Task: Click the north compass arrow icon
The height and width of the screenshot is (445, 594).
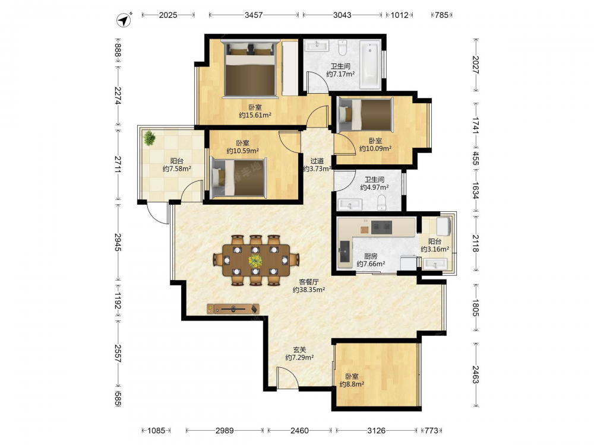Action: click(x=124, y=20)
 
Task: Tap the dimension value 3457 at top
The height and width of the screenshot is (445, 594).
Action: click(x=254, y=15)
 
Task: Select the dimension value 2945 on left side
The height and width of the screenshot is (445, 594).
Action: click(x=118, y=242)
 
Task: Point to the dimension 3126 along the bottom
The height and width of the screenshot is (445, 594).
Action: click(x=377, y=430)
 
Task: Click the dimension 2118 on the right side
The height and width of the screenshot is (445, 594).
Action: click(x=475, y=243)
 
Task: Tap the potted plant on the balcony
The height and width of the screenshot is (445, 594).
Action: click(x=150, y=138)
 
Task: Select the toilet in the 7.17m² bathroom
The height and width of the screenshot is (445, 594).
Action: click(x=343, y=47)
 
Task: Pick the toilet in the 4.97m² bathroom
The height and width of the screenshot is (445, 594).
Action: click(x=381, y=203)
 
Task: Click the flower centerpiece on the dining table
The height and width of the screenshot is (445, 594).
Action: click(x=255, y=260)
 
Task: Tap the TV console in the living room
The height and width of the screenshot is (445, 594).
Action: click(x=233, y=309)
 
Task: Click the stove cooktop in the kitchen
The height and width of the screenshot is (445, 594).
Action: click(x=381, y=227)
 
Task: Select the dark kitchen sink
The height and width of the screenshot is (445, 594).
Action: click(x=345, y=252)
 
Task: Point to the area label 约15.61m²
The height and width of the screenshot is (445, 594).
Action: click(x=255, y=116)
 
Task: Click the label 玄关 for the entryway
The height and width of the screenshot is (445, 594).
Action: click(x=299, y=350)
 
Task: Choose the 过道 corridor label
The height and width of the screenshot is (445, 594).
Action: click(x=317, y=161)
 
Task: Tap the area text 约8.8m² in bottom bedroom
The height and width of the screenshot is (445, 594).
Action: click(x=352, y=384)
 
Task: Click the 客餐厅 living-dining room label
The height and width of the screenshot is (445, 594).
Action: click(x=309, y=282)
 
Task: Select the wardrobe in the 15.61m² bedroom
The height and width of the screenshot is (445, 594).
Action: click(x=290, y=68)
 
